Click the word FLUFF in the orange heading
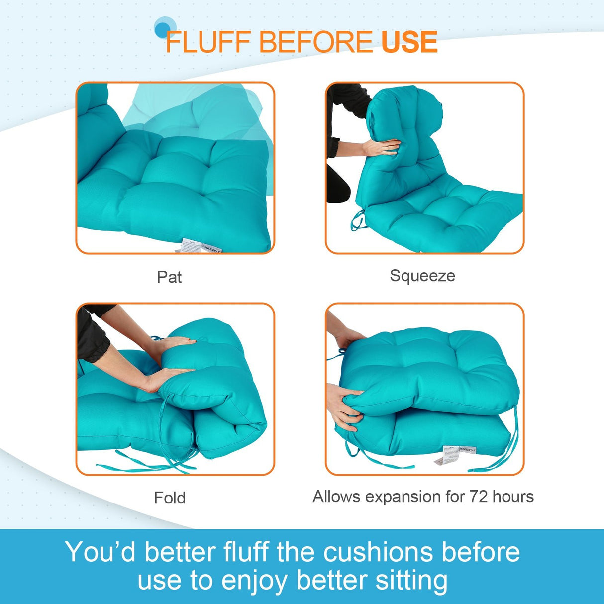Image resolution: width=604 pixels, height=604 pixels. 208,42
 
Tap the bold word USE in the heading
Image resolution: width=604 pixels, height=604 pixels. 409,42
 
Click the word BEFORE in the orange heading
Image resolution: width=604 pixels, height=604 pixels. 315,42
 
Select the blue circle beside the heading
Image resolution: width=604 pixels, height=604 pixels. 164,28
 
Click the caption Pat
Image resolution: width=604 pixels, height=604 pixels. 169,277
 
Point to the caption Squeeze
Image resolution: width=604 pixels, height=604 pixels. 422,276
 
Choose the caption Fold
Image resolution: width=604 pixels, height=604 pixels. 170,498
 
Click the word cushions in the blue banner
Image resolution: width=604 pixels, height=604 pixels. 378,552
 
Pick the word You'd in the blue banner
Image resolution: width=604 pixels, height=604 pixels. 100,552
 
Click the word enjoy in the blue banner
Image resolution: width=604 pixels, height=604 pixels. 254,581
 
